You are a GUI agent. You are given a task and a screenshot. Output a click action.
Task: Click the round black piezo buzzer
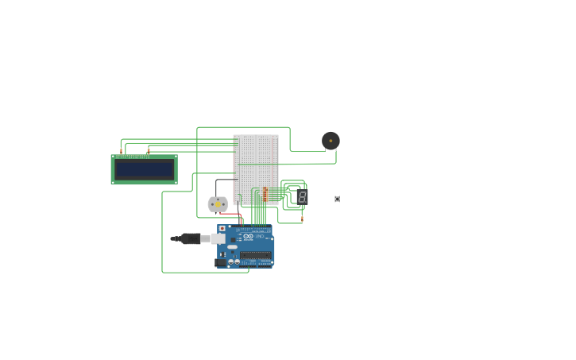click(331, 141)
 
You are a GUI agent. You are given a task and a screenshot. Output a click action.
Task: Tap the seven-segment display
click(302, 196)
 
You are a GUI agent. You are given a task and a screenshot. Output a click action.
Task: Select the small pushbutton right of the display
click(337, 199)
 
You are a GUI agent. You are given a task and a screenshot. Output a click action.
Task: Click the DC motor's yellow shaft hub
click(218, 204)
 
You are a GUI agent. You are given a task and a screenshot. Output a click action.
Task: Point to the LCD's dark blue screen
click(144, 169)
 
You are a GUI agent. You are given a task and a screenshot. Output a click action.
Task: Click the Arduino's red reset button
click(222, 229)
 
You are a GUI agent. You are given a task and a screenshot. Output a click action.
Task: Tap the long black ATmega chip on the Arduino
click(256, 255)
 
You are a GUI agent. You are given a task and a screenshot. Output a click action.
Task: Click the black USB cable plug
click(190, 238)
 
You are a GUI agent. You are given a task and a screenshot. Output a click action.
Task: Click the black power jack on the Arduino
click(220, 262)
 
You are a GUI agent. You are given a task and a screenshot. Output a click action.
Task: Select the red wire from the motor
click(230, 214)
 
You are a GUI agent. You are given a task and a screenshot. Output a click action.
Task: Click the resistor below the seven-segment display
click(302, 219)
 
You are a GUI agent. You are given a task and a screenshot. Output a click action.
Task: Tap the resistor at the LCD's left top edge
click(121, 151)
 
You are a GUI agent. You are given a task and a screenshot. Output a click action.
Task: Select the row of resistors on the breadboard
click(265, 194)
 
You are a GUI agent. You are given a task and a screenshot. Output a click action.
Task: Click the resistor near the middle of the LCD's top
click(148, 151)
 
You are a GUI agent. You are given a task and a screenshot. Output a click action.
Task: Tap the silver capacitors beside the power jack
click(234, 261)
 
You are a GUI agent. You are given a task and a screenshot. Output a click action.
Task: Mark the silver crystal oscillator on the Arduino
click(232, 247)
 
